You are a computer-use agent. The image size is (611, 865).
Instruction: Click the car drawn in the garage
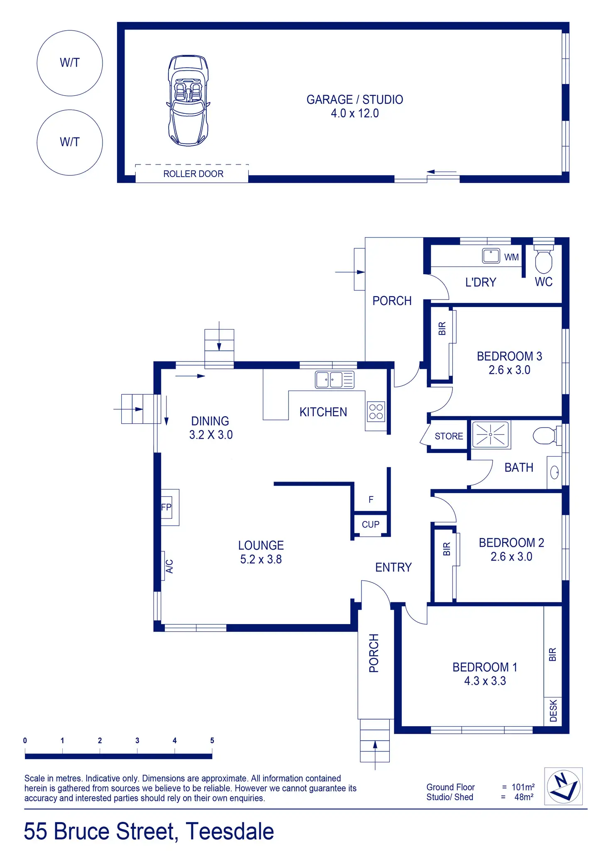pyautogui.click(x=188, y=100)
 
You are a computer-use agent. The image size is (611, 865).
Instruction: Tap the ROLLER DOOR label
pyautogui.click(x=193, y=174)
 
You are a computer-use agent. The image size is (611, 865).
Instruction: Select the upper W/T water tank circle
pyautogui.click(x=70, y=63)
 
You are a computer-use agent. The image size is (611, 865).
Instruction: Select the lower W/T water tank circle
pyautogui.click(x=70, y=143)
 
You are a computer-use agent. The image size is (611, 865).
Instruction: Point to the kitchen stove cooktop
pyautogui.click(x=376, y=411)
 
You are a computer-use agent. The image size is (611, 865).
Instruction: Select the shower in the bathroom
pyautogui.click(x=491, y=435)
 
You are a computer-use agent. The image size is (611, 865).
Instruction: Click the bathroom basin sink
pyautogui.click(x=555, y=472)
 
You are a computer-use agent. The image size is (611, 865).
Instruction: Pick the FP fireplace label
pyautogui.click(x=166, y=507)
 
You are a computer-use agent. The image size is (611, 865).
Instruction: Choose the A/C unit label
pyautogui.click(x=169, y=566)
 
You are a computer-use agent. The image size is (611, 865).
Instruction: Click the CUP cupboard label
pyautogui.click(x=371, y=524)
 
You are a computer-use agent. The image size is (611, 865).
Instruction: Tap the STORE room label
pyautogui.click(x=449, y=436)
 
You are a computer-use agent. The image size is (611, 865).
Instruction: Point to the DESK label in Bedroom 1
pyautogui.click(x=553, y=711)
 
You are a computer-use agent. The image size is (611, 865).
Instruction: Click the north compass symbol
pyautogui.click(x=563, y=786)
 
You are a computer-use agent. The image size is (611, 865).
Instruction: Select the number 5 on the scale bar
pyautogui.click(x=212, y=740)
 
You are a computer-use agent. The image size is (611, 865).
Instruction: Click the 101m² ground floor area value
pyautogui.click(x=523, y=787)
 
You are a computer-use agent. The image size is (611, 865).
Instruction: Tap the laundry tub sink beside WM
pyautogui.click(x=491, y=256)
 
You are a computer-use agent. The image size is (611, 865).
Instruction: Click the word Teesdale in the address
pyautogui.click(x=230, y=831)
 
